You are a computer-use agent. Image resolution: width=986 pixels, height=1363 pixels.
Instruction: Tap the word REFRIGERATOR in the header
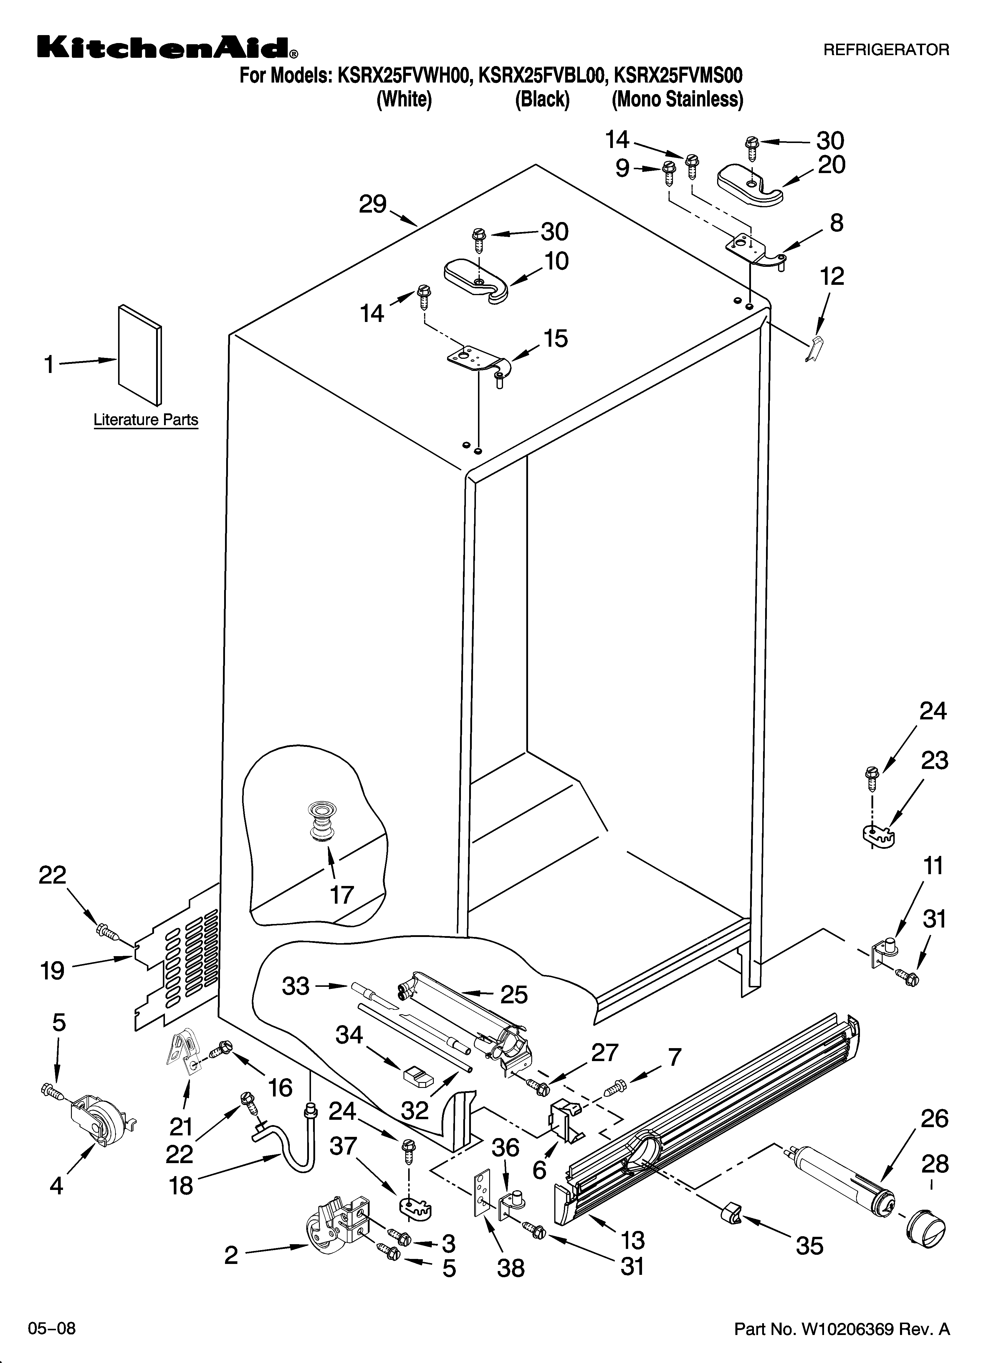coord(886,50)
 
